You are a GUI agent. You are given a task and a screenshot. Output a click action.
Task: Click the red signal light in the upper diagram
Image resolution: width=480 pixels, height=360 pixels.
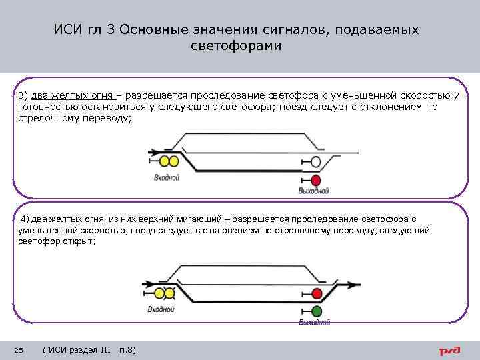pyautogui.click(x=316, y=180)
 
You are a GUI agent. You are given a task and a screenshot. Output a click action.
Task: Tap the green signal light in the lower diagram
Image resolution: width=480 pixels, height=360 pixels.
pyautogui.click(x=317, y=311)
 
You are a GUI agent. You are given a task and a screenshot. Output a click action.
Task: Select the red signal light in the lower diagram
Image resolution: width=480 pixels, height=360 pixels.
pyautogui.click(x=317, y=293)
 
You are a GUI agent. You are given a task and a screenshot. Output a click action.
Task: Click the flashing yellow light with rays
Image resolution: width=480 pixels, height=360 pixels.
pyautogui.click(x=159, y=293)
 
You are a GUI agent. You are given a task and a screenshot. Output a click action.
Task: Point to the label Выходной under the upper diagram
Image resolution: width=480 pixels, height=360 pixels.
pyautogui.click(x=314, y=191)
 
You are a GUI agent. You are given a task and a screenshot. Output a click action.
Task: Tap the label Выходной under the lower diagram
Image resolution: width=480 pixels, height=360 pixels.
pyautogui.click(x=315, y=322)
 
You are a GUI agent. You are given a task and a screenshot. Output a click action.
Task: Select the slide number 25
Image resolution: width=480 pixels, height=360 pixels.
pyautogui.click(x=19, y=350)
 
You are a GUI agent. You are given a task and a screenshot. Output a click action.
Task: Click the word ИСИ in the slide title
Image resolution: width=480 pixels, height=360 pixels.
pyautogui.click(x=67, y=31)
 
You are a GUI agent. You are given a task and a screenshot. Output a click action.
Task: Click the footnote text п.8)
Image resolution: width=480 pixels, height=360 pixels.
pyautogui.click(x=126, y=350)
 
